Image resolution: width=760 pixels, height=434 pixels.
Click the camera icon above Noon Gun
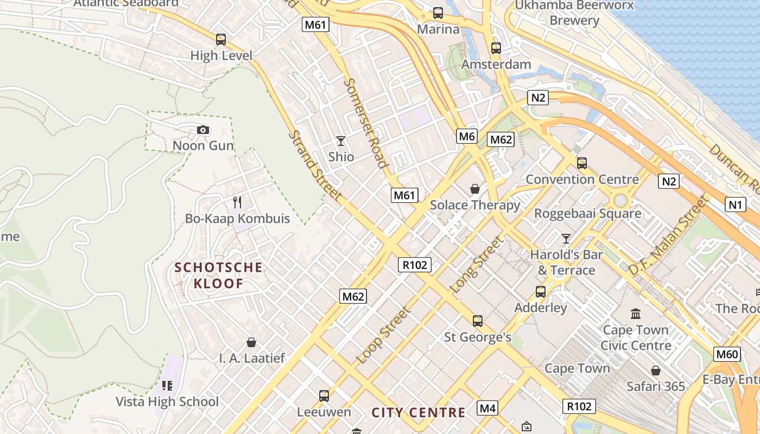pyautogui.click(x=203, y=130)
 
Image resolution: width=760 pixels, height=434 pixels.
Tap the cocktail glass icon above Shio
pyautogui.click(x=341, y=141)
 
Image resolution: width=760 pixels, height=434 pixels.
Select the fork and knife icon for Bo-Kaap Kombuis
pyautogui.click(x=237, y=202)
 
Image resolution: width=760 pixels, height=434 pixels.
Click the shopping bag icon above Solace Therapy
pyautogui.click(x=475, y=189)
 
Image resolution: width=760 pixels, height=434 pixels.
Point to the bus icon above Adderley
pyautogui.click(x=541, y=292)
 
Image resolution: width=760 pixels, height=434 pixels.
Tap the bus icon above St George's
pyautogui.click(x=478, y=321)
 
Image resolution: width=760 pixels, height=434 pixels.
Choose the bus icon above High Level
pyautogui.click(x=221, y=40)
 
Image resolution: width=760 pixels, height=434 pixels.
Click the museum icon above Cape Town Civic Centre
pyautogui.click(x=636, y=314)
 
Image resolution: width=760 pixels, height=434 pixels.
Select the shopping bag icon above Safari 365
pyautogui.click(x=656, y=371)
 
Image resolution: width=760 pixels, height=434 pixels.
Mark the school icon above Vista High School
pyautogui.click(x=167, y=386)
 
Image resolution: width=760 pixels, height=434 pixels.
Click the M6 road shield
pyautogui.click(x=467, y=136)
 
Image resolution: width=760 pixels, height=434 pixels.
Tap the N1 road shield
pyautogui.click(x=735, y=205)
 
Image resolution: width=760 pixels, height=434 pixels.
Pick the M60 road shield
pyautogui.click(x=727, y=355)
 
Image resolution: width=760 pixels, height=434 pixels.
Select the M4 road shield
pyautogui.click(x=487, y=408)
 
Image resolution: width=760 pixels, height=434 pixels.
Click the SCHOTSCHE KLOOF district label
pyautogui.click(x=219, y=275)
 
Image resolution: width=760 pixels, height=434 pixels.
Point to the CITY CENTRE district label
pyautogui.click(x=419, y=413)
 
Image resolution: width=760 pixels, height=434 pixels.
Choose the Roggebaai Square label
pyautogui.click(x=587, y=214)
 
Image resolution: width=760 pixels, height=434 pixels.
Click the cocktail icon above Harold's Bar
pyautogui.click(x=566, y=238)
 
